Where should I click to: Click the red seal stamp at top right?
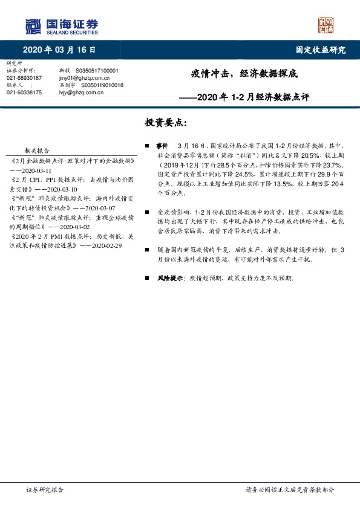coord(326,25)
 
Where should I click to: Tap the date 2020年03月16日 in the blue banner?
coord(59,50)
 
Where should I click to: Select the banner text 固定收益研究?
coord(321,50)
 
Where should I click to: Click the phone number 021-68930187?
coord(24,78)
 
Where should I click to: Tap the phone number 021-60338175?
coord(24,92)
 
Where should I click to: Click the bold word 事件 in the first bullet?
coord(162,146)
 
